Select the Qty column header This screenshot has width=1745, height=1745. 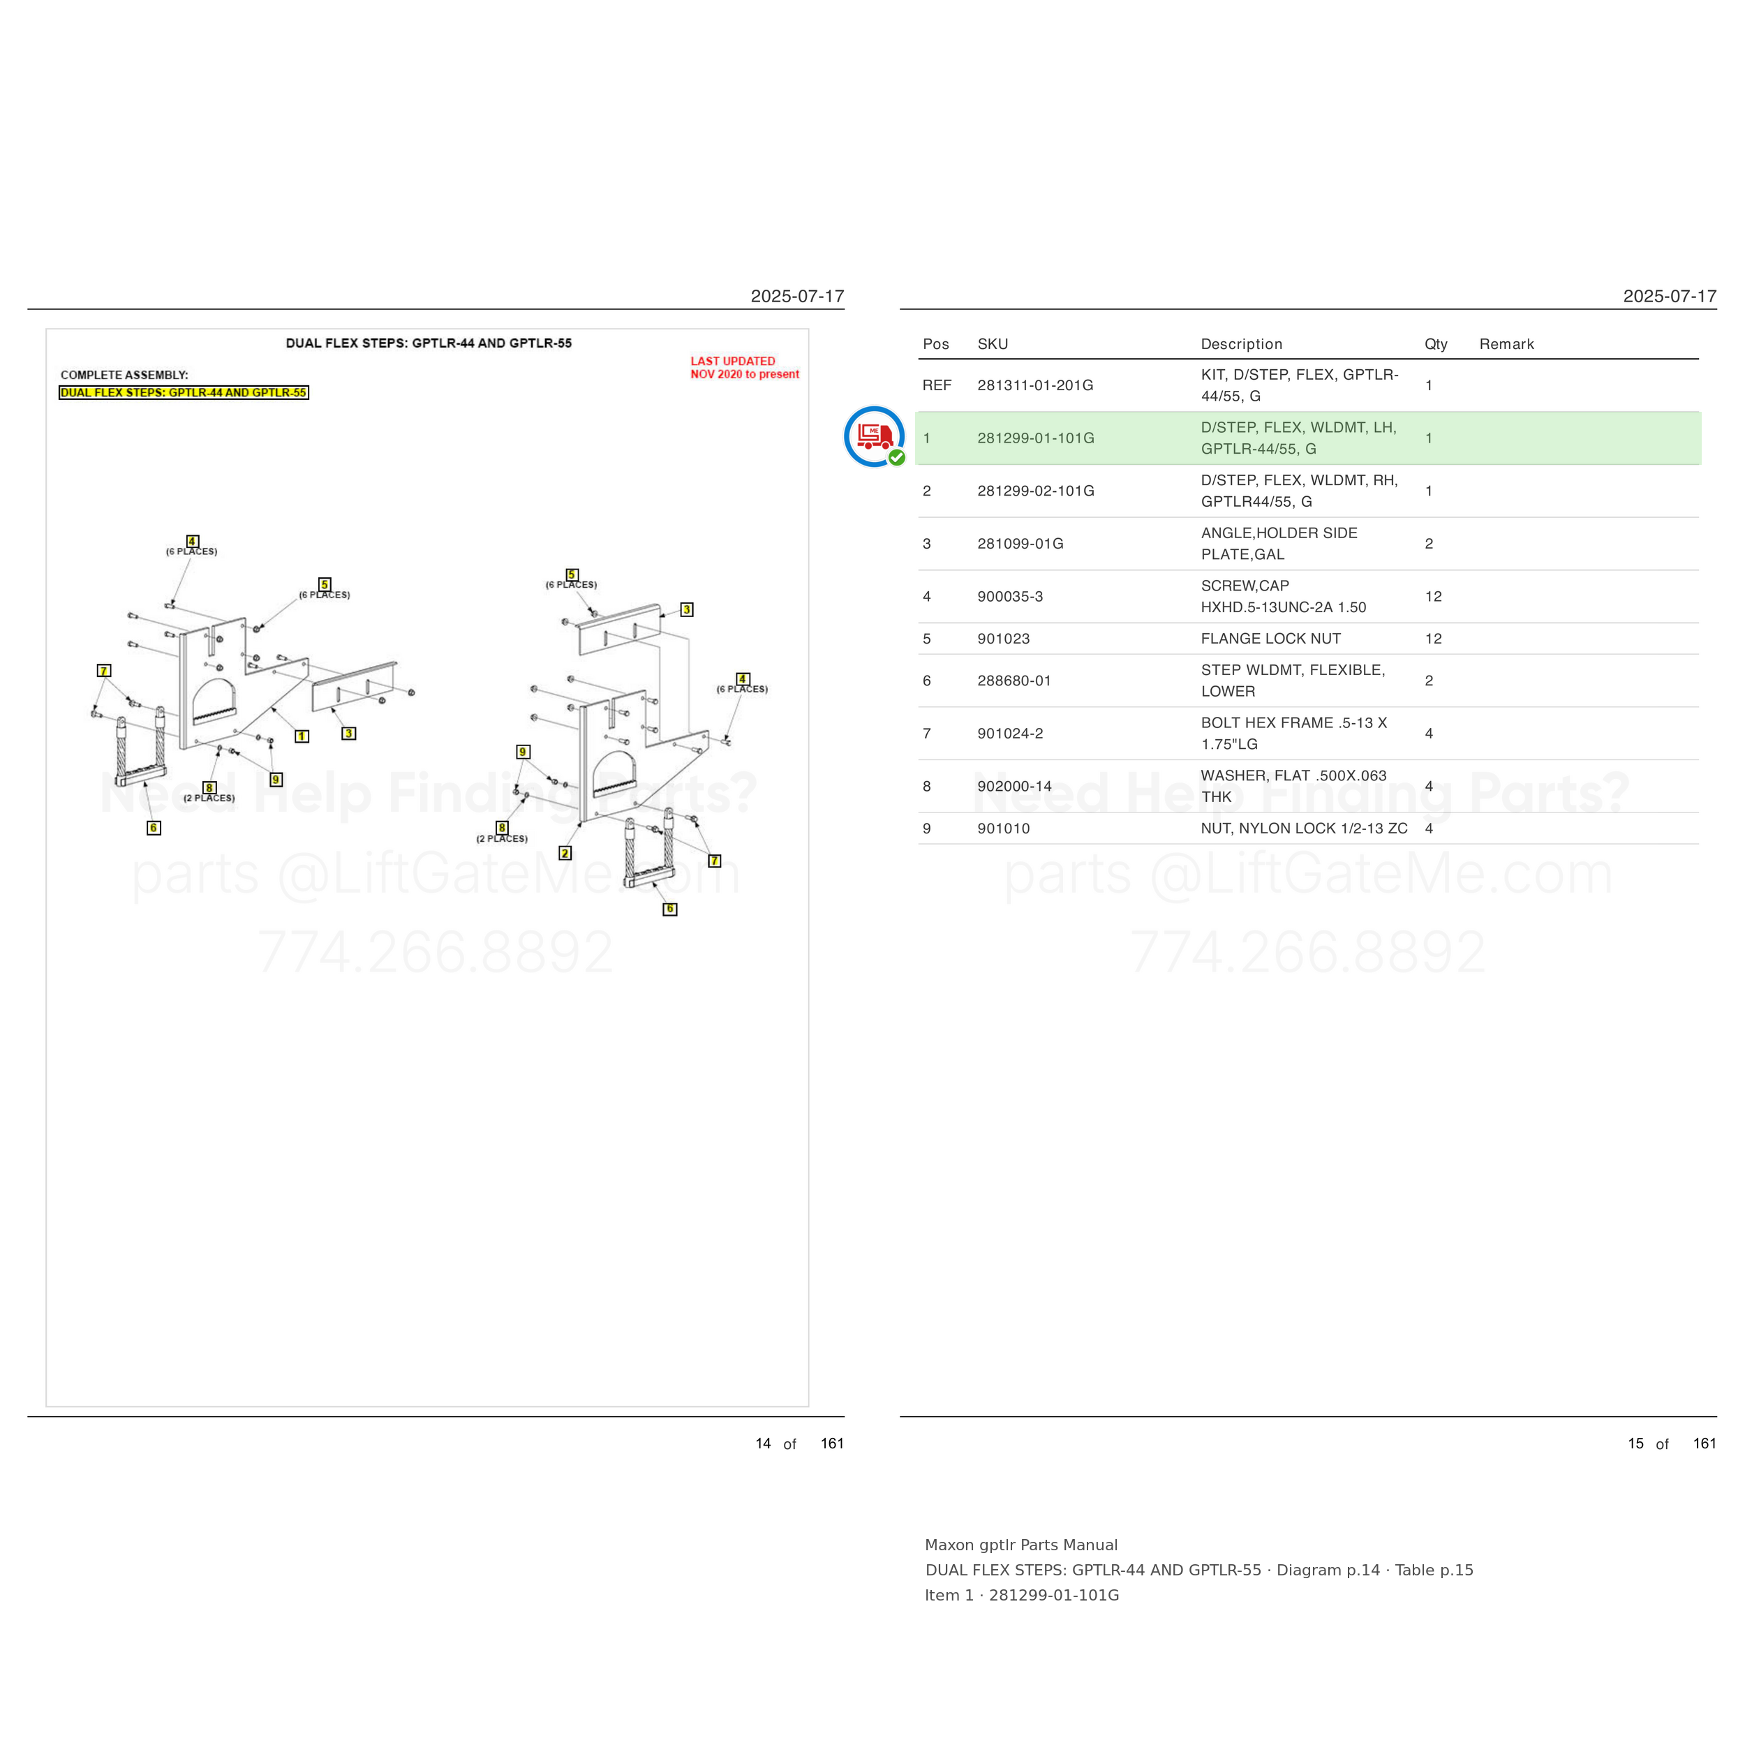[x=1436, y=344]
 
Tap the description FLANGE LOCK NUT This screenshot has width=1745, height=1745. [x=1271, y=639]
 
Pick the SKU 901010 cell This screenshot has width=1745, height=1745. [x=1004, y=829]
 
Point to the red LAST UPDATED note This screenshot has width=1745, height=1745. [x=744, y=368]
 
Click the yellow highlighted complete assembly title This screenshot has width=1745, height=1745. [x=184, y=393]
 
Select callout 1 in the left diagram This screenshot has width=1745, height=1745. [x=302, y=736]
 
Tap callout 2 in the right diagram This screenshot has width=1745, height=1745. [x=565, y=853]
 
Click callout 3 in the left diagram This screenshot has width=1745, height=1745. [x=348, y=734]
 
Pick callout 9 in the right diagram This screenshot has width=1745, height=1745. [x=523, y=752]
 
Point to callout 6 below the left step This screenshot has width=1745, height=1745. [x=154, y=827]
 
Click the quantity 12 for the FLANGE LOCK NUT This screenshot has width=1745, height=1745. [x=1434, y=639]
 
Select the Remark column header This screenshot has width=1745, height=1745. [x=1506, y=344]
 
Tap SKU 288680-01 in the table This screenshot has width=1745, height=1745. [x=1014, y=681]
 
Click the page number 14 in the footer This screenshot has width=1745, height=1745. [x=763, y=1443]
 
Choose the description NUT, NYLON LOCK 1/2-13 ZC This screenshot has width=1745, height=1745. [x=1305, y=829]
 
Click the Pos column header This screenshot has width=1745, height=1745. [x=936, y=344]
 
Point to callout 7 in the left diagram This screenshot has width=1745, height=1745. [x=104, y=670]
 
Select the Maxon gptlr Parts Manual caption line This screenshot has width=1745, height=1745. [x=1020, y=1545]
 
